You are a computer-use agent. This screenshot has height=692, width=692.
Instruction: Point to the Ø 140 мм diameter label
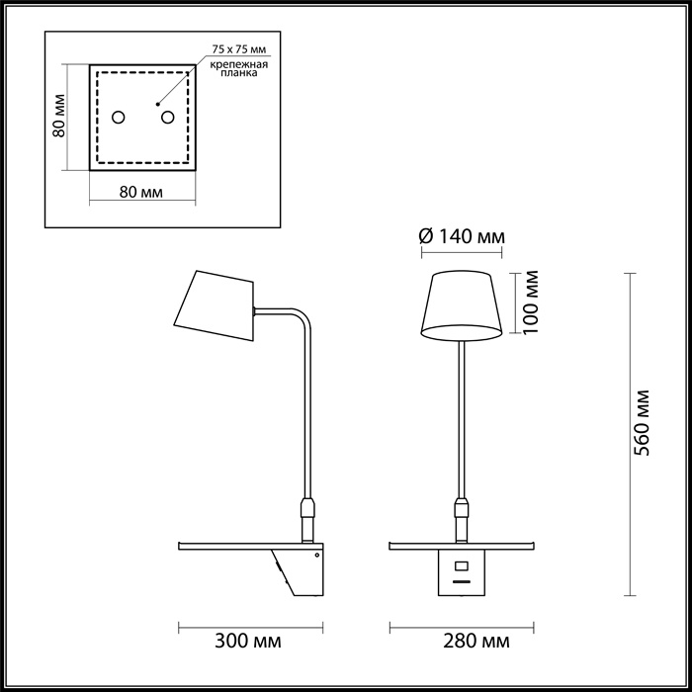(x=462, y=236)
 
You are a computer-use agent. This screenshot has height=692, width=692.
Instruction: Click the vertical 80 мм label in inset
(x=59, y=118)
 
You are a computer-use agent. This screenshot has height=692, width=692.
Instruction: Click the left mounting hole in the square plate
(x=118, y=118)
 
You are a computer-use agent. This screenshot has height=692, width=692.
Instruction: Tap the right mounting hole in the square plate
(x=167, y=118)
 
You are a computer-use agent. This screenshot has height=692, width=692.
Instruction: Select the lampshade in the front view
(x=461, y=304)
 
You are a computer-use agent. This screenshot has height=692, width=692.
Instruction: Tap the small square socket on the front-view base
(x=461, y=566)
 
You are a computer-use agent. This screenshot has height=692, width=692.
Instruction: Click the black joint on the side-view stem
(x=307, y=510)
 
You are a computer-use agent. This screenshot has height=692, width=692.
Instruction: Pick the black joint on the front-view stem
(x=461, y=510)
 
